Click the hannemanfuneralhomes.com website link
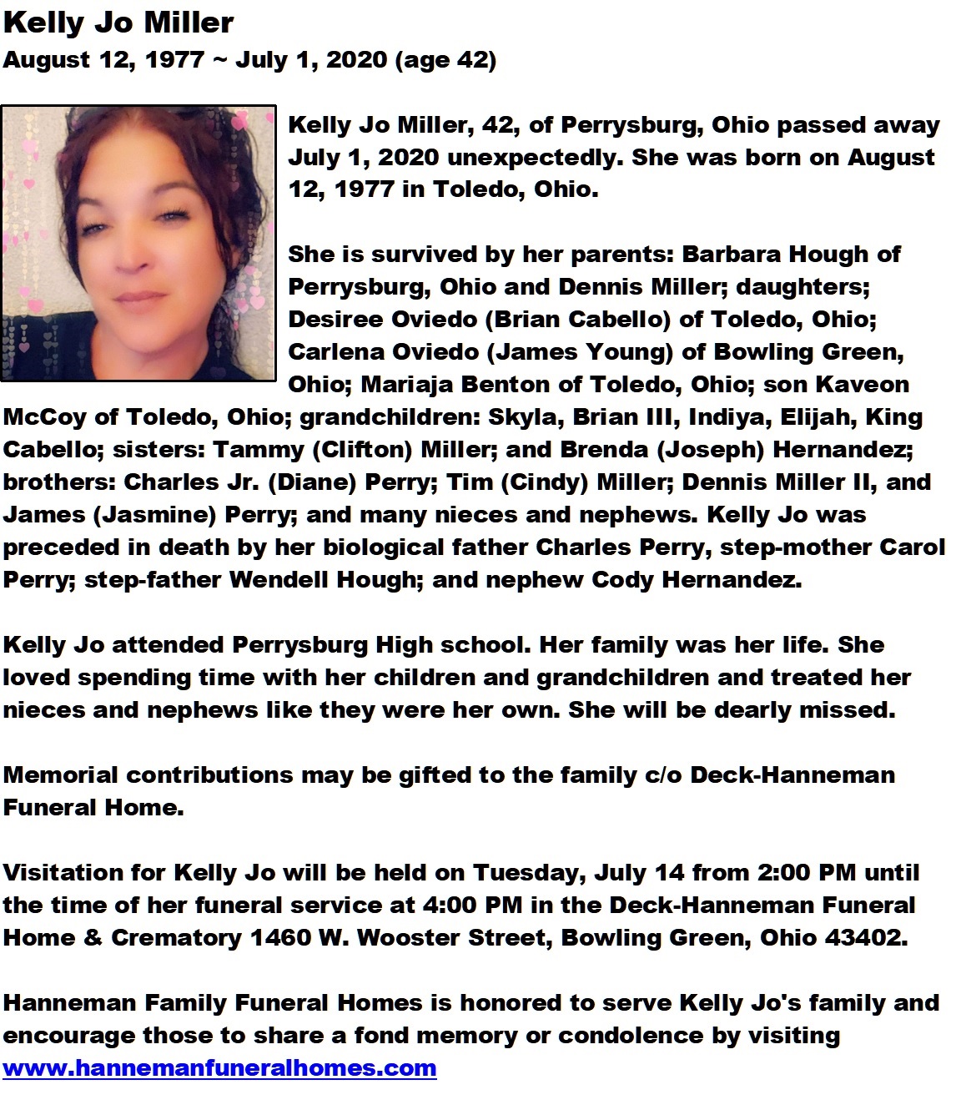pyautogui.click(x=219, y=1068)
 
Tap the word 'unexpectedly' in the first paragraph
pyautogui.click(x=536, y=158)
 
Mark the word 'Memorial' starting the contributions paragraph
pyautogui.click(x=61, y=775)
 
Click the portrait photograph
pyautogui.click(x=138, y=243)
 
